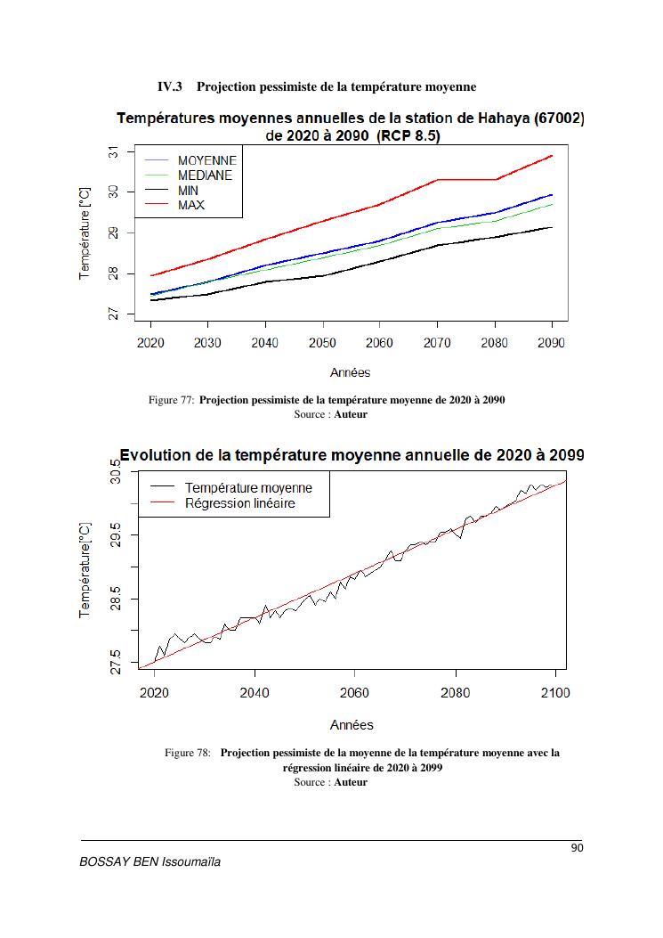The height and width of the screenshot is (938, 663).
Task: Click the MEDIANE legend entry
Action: [204, 175]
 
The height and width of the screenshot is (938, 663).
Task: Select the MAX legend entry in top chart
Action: [190, 205]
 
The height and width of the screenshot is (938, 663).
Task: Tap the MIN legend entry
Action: [188, 191]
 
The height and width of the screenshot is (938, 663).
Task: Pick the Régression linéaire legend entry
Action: [239, 503]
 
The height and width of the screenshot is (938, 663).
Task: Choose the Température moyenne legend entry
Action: [248, 488]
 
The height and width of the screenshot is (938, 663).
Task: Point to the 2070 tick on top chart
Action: [437, 343]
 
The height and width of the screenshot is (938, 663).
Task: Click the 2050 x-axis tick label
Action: [322, 343]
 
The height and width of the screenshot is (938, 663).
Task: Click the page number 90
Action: [577, 848]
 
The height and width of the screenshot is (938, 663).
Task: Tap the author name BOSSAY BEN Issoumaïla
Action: [150, 863]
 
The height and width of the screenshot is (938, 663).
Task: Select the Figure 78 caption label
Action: [187, 753]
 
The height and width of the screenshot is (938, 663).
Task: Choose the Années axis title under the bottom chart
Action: [352, 724]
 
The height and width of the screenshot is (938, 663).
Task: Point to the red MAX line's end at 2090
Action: [553, 156]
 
